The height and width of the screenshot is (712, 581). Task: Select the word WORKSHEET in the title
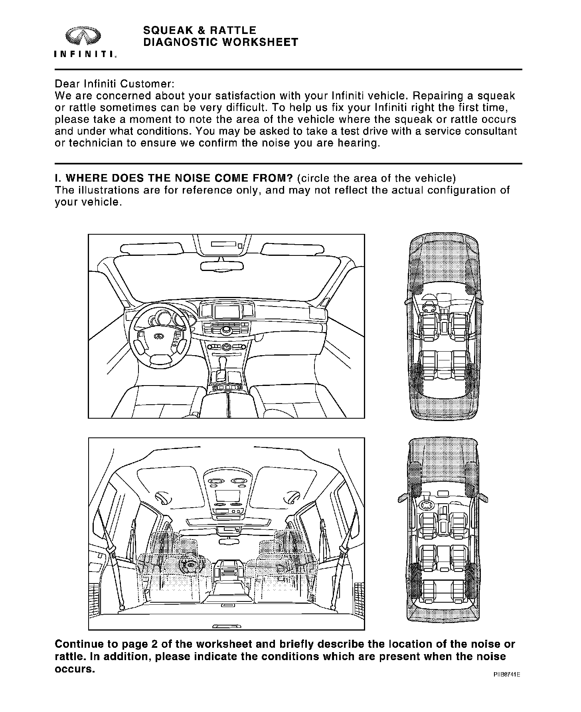[260, 42]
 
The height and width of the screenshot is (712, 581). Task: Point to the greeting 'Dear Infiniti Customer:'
[115, 84]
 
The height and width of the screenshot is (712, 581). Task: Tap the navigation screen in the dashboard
[226, 311]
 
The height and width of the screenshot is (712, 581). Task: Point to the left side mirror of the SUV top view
[402, 499]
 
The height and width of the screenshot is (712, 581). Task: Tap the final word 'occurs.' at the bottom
[75, 669]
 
